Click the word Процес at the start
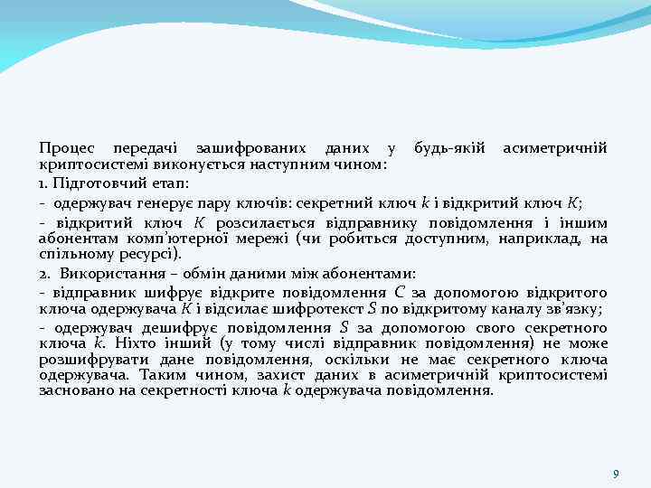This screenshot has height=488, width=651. click(x=66, y=148)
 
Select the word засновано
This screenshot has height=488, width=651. click(x=70, y=390)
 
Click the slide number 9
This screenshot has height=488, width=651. click(x=615, y=474)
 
